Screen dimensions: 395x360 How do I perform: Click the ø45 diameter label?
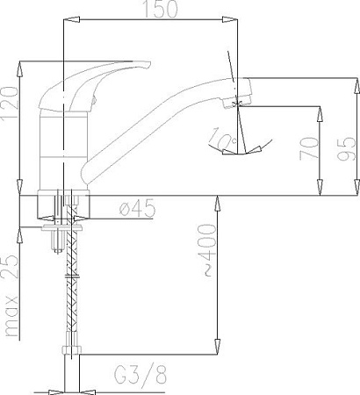pyautogui.click(x=135, y=209)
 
